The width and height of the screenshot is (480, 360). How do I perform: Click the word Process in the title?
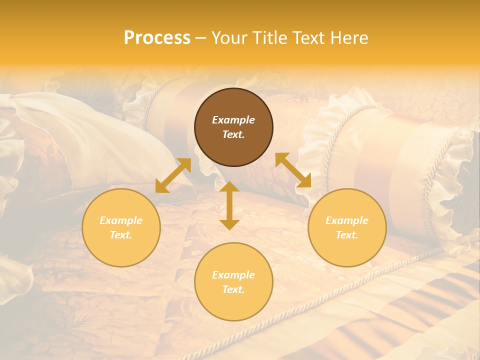click(x=157, y=38)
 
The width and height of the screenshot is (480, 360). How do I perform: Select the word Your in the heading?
click(x=230, y=38)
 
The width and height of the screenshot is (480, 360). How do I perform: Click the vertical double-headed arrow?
click(x=229, y=205)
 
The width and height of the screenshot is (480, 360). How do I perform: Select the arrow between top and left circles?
click(x=173, y=175)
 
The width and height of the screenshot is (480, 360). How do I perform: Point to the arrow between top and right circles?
click(x=293, y=170)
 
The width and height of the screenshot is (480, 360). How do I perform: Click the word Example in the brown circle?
click(x=233, y=120)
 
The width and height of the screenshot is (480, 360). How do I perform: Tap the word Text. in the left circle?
click(x=121, y=235)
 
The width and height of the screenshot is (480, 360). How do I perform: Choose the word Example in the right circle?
click(x=347, y=220)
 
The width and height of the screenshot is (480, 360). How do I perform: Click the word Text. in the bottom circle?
click(x=233, y=289)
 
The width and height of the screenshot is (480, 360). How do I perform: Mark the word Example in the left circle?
click(x=121, y=220)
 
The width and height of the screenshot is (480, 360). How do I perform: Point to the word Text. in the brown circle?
click(x=233, y=134)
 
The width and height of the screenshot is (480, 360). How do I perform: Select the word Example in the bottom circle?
click(x=233, y=275)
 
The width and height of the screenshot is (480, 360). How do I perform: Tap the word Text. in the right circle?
click(x=347, y=235)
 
